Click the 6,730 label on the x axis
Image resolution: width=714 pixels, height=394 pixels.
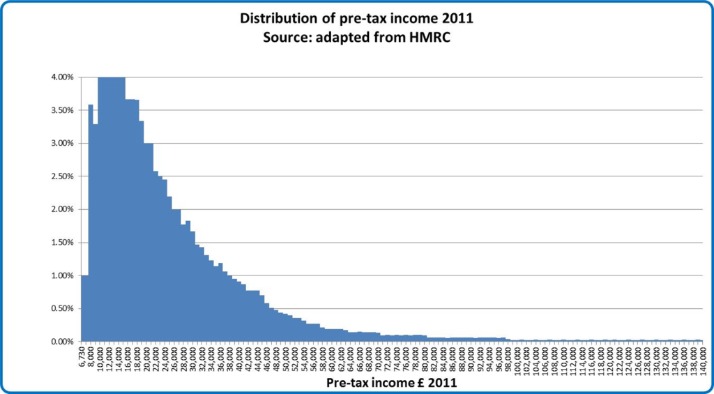(x=84, y=356)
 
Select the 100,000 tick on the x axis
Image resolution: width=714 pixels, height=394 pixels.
(x=517, y=358)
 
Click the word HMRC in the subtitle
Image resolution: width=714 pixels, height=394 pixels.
(x=430, y=36)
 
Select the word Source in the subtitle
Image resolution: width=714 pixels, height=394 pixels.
(x=284, y=36)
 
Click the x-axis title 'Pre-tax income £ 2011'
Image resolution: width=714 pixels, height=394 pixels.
(x=391, y=383)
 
